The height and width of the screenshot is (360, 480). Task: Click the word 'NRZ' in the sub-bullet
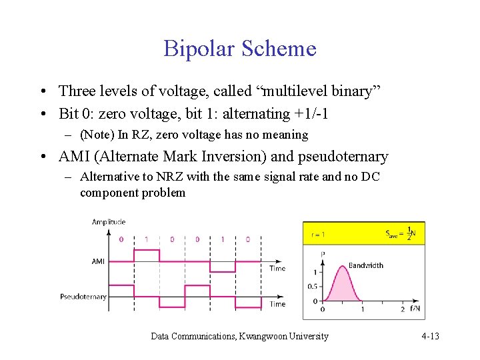(x=165, y=177)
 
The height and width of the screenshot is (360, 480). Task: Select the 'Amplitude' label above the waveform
(x=109, y=222)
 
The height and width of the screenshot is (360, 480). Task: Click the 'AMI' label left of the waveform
(x=99, y=261)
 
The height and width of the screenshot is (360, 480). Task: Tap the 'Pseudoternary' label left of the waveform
(x=83, y=297)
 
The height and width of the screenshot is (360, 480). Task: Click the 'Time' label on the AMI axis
(x=277, y=269)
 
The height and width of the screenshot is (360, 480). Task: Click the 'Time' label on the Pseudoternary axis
(x=277, y=304)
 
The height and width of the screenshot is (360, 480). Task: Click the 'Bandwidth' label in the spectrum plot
(x=366, y=265)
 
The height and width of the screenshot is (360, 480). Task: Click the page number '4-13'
(x=430, y=336)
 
